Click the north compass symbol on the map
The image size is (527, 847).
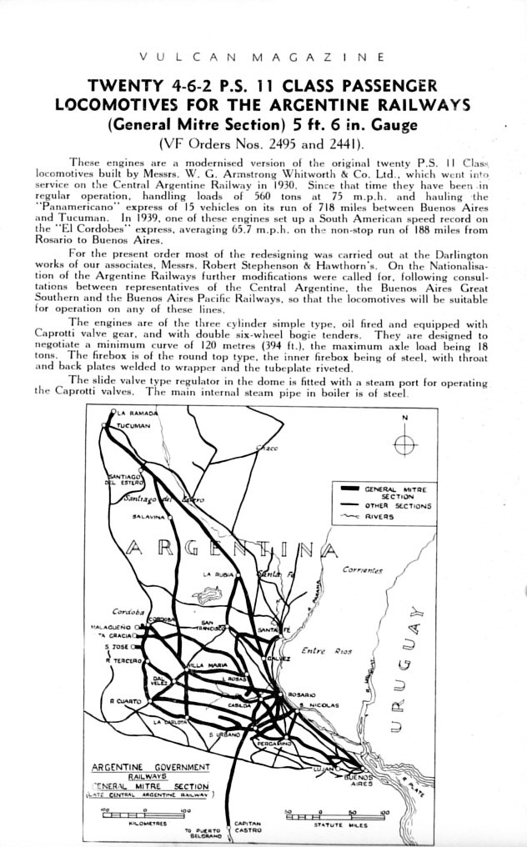(404, 444)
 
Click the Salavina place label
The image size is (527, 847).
(148, 517)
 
